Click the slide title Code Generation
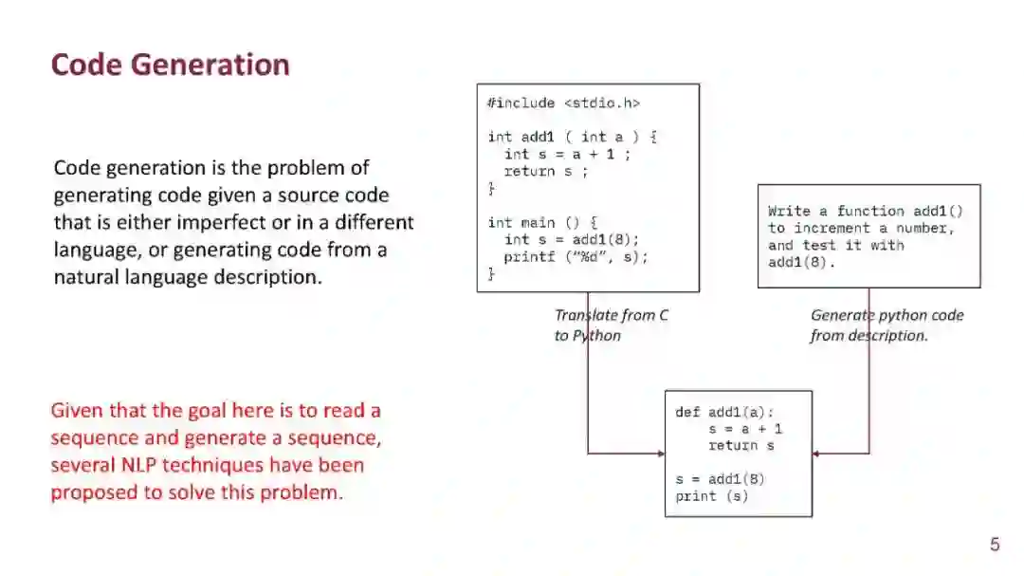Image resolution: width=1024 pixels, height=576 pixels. (170, 65)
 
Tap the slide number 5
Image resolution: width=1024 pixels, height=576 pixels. (995, 544)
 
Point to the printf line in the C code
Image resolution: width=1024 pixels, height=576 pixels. (576, 256)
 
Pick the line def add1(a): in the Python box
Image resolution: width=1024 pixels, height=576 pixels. (724, 412)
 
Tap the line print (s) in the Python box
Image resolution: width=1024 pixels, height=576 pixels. (711, 496)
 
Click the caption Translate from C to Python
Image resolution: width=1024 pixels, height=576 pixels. (612, 325)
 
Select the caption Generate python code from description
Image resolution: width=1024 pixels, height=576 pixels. (887, 325)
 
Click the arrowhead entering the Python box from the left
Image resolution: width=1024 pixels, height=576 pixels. (661, 454)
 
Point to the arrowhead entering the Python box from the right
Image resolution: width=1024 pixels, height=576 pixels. (816, 454)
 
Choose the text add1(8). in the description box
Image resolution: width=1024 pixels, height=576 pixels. (802, 262)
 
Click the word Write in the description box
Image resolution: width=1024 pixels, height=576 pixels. (789, 211)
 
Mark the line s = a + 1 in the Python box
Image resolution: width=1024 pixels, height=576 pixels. (745, 429)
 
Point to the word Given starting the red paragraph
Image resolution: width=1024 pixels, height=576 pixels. (76, 411)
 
